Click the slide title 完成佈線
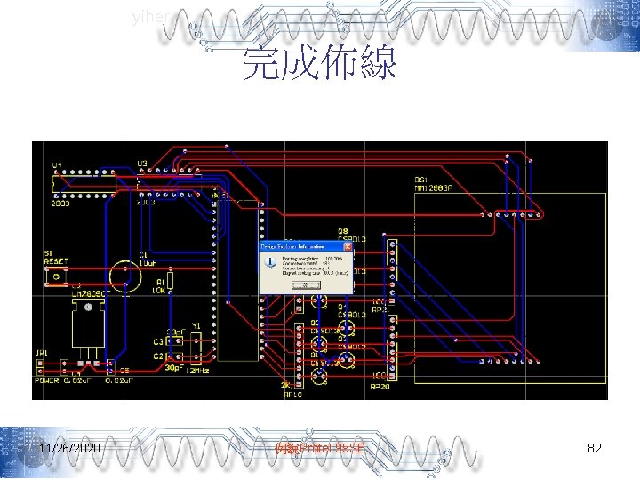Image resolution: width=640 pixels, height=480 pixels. (x=320, y=64)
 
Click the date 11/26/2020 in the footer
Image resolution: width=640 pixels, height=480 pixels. (x=69, y=449)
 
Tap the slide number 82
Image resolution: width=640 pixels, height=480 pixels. (x=595, y=449)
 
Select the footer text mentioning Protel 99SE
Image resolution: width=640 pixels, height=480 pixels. (x=320, y=449)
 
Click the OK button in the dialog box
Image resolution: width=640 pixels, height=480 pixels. (x=305, y=284)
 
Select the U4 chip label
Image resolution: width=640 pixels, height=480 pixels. (x=57, y=165)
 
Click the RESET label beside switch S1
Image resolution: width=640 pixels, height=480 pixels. (x=55, y=262)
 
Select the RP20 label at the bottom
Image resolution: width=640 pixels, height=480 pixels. (x=379, y=386)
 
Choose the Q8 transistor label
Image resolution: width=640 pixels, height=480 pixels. (x=342, y=230)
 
